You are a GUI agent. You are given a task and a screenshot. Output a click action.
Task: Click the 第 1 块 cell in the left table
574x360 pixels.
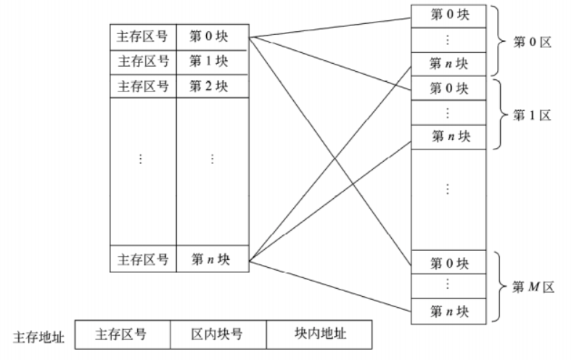coord(211,61)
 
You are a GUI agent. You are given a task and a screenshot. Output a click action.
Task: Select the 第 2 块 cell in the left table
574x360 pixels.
coord(211,86)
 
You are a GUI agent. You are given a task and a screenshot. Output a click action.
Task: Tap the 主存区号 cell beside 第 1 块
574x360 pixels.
coord(142,61)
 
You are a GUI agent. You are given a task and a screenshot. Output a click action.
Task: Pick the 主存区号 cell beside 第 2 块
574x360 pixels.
coord(142,86)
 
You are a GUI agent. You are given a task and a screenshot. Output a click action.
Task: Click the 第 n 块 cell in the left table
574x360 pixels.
coord(211,259)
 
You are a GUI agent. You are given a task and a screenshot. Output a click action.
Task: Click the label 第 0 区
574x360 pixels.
coord(533,41)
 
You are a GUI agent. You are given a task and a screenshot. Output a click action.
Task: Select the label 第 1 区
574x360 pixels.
coord(533,115)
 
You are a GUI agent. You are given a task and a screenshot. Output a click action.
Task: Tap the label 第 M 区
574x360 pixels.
coord(533,287)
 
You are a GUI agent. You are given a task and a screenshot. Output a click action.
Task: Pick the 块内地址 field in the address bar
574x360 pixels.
coord(320,335)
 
